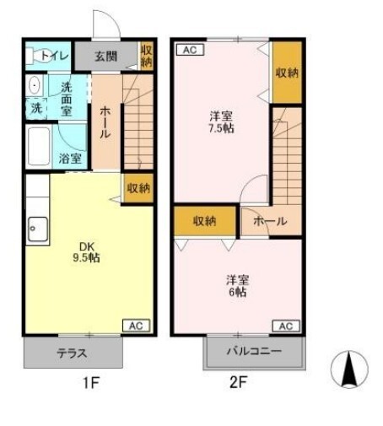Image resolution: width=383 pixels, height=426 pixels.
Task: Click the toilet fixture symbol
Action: pos(35,56)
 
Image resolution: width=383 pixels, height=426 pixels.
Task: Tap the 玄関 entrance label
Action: pos(105,57)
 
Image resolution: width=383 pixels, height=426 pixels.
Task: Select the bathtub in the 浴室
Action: pos(39,147)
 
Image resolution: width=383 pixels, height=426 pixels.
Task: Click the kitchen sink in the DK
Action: pos(38,229)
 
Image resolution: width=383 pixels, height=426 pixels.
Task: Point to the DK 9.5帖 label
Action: pos(86,252)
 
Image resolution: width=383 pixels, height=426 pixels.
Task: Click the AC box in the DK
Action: pos(137,326)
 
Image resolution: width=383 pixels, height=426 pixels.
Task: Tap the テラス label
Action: pos(73,353)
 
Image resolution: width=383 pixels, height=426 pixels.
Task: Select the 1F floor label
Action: pos(91,382)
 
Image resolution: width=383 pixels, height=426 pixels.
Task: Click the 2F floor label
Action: pos(238,382)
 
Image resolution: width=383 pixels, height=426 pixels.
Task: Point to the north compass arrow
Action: pos(349,369)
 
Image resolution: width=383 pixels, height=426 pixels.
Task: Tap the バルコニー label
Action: pos(254,351)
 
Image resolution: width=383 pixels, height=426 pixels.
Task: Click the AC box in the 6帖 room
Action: pos(286,326)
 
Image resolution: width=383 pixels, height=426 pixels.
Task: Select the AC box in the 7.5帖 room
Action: pos(190,50)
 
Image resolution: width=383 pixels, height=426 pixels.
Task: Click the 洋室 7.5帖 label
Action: pos(221,122)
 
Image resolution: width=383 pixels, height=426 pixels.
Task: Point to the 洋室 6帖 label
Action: pos(238,286)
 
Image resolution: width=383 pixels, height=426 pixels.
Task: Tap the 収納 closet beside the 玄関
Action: pos(147,56)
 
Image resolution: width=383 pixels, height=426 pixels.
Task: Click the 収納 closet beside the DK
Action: pos(139,188)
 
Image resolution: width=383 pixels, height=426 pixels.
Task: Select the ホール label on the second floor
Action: pos(270,221)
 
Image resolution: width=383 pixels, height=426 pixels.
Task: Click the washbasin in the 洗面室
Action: pos(35,84)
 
